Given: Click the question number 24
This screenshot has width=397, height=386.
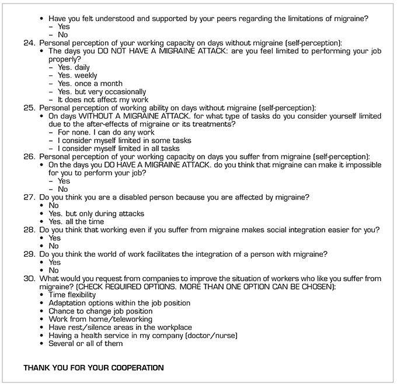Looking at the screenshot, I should pyautogui.click(x=29, y=43).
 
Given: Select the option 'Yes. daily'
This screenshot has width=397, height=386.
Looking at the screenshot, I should pyautogui.click(x=74, y=67).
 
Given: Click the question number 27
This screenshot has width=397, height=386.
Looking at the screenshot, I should pyautogui.click(x=29, y=197).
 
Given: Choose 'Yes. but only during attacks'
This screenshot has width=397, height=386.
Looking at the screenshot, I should pyautogui.click(x=96, y=213).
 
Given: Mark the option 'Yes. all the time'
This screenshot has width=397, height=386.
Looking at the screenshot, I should pyautogui.click(x=76, y=222).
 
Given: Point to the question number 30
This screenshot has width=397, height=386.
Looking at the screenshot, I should pyautogui.click(x=29, y=278).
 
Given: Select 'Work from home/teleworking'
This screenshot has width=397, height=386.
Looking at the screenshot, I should pyautogui.click(x=100, y=319).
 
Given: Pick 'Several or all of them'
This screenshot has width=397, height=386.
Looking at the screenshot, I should pyautogui.click(x=86, y=343).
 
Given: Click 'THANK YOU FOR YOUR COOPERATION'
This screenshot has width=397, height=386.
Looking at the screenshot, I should pyautogui.click(x=93, y=368).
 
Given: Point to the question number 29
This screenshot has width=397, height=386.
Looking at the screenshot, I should pyautogui.click(x=29, y=254).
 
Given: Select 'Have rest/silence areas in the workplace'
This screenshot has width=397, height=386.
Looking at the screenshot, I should pyautogui.click(x=120, y=327).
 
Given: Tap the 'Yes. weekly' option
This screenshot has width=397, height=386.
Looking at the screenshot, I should pyautogui.click(x=78, y=75).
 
